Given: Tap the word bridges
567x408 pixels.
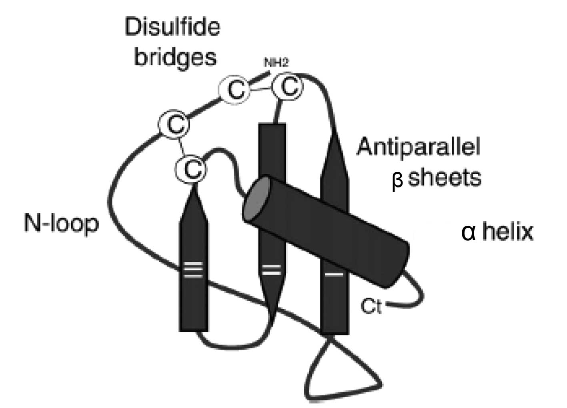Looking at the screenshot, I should click(175, 57).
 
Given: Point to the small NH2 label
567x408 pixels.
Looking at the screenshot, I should click(276, 63).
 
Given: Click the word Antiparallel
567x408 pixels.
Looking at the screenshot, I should click(419, 147).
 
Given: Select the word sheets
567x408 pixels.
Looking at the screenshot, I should click(444, 177).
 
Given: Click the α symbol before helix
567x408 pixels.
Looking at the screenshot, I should click(468, 233).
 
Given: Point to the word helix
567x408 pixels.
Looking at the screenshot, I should click(508, 232).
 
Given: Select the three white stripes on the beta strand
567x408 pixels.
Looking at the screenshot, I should click(194, 270).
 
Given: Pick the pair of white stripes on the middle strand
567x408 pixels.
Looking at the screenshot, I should click(271, 270).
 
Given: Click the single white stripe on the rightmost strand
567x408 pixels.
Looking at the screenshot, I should click(334, 275).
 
